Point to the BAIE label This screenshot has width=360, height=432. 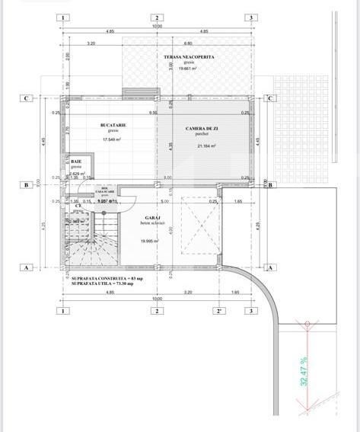76,162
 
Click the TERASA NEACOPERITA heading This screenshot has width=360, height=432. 188,57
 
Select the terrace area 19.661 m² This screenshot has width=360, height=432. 187,69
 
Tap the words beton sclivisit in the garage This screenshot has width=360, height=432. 151,222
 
